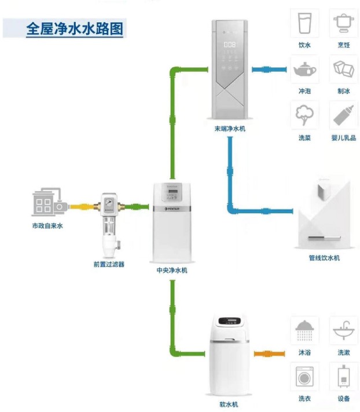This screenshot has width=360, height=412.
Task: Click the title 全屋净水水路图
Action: [x=75, y=29]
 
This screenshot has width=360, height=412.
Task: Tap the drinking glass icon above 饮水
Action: [x=304, y=24]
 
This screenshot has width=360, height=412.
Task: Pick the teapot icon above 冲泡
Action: [x=304, y=70]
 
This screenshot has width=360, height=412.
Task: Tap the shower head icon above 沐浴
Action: [x=304, y=331]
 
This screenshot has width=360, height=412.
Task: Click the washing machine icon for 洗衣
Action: [x=304, y=377]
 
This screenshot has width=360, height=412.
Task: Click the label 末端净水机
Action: [x=229, y=129]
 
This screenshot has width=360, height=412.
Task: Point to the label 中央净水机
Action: [x=172, y=270]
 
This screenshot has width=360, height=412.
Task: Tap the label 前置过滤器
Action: [x=109, y=264]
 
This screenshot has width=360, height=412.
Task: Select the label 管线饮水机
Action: [x=324, y=257]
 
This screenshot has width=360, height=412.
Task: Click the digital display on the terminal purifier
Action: [x=229, y=44]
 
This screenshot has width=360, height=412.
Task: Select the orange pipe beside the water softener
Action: [x=267, y=353]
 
